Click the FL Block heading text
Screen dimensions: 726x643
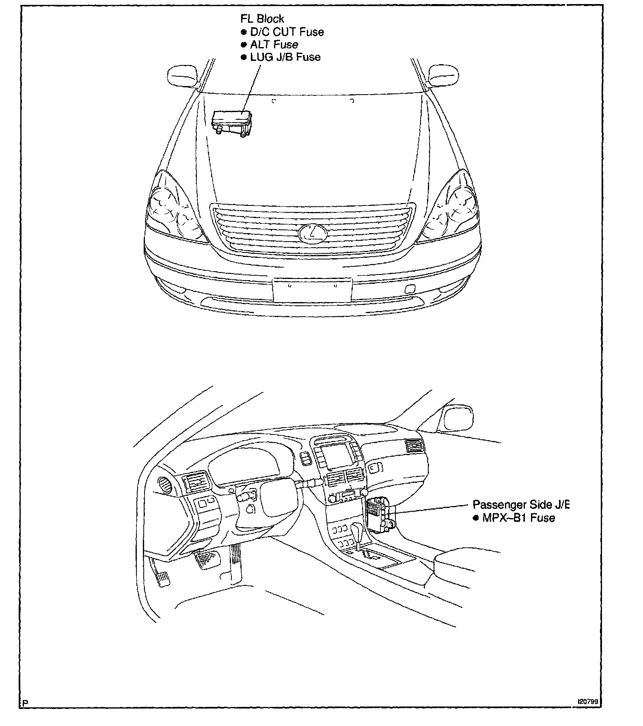point(262,19)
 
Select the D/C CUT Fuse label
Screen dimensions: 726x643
point(287,32)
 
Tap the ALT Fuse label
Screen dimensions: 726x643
point(274,44)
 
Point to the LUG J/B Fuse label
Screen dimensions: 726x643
point(285,57)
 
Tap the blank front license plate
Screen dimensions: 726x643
point(312,290)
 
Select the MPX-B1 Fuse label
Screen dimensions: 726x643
point(518,518)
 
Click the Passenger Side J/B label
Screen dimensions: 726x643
point(521,505)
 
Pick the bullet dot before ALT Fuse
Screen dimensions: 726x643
point(244,45)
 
